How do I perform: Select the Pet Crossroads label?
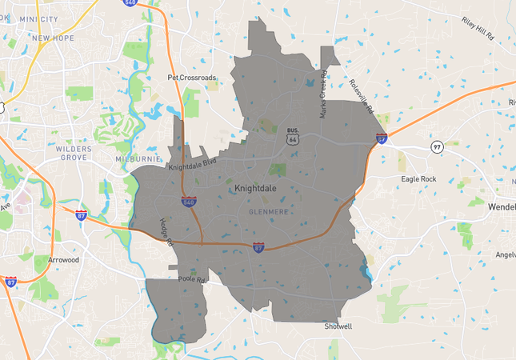pyautogui.click(x=191, y=78)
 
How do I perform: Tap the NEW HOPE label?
pyautogui.click(x=53, y=38)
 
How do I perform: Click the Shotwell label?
pyautogui.click(x=338, y=326)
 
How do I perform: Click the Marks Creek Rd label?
pyautogui.click(x=323, y=96)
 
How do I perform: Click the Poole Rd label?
pyautogui.click(x=193, y=281)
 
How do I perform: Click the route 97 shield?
pyautogui.click(x=437, y=148)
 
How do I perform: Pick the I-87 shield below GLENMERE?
pyautogui.click(x=258, y=248)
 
